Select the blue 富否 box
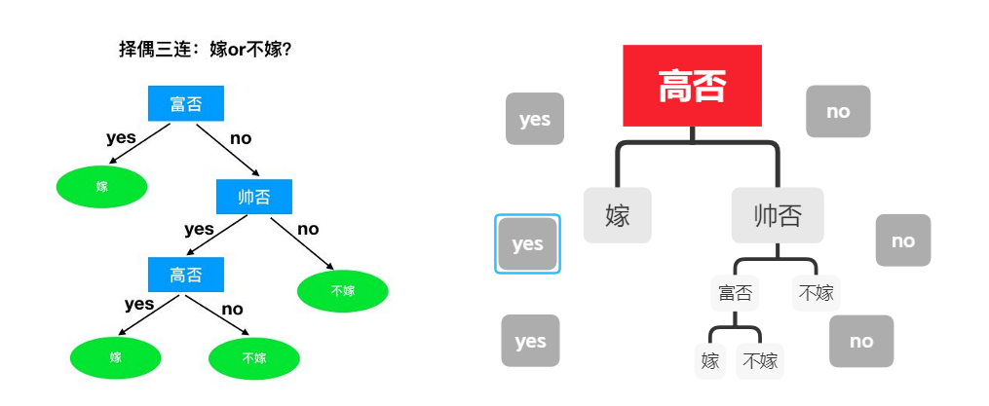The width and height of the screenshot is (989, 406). tap(186, 103)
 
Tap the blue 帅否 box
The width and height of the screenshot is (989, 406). tap(254, 198)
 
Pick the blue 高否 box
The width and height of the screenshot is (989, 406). tap(186, 276)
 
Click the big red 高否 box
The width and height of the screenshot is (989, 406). tap(692, 86)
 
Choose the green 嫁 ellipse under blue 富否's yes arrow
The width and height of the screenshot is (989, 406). tap(102, 187)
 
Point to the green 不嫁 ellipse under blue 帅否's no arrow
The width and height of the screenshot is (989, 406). tap(342, 290)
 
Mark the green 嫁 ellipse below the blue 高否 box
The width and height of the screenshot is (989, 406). tap(116, 358)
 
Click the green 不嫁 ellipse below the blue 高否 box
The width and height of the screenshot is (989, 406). tap(254, 358)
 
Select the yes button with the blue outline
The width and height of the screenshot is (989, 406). tap(527, 243)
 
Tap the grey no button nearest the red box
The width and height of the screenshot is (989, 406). tap(838, 111)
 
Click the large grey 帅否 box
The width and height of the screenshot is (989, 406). tap(778, 215)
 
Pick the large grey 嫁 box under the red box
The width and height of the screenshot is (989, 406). tap(618, 215)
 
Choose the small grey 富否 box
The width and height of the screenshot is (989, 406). tap(736, 292)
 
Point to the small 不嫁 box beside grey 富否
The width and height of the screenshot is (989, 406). tap(817, 292)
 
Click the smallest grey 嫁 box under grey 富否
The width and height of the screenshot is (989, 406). tap(710, 361)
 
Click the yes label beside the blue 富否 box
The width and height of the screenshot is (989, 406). tap(121, 137)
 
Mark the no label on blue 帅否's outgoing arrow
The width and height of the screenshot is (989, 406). tap(308, 229)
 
